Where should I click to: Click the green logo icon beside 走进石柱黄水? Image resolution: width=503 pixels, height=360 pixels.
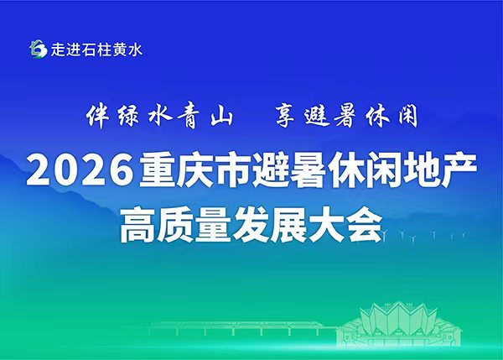pyautogui.click(x=39, y=50)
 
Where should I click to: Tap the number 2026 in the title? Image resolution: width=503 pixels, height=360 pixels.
pyautogui.click(x=80, y=171)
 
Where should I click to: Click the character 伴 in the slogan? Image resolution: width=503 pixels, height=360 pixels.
pyautogui.click(x=97, y=116)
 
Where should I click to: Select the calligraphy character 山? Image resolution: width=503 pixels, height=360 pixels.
pyautogui.click(x=221, y=117)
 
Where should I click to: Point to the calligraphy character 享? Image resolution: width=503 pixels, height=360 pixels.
pyautogui.click(x=285, y=116)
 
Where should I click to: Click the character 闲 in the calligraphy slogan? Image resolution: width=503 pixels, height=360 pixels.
pyautogui.click(x=408, y=116)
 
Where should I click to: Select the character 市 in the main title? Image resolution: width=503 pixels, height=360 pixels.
pyautogui.click(x=231, y=171)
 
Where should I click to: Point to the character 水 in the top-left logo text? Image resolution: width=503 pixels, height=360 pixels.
pyautogui.click(x=135, y=50)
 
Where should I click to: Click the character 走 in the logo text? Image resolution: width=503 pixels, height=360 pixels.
pyautogui.click(x=58, y=50)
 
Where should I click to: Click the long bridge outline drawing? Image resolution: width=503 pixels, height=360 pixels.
pyautogui.click(x=244, y=327)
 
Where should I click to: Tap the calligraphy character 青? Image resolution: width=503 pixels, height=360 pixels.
pyautogui.click(x=190, y=116)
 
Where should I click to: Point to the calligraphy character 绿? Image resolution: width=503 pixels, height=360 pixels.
pyautogui.click(x=128, y=116)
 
